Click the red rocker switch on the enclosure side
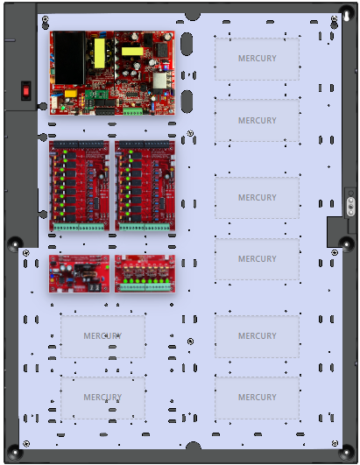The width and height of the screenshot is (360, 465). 25,90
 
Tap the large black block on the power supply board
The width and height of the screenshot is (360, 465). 69,57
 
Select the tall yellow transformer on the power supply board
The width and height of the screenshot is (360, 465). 99,53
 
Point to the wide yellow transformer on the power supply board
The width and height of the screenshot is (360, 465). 132,52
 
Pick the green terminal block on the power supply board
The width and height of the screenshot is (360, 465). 133,111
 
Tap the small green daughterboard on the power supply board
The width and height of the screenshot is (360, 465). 95,95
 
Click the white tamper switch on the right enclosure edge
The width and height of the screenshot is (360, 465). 350,207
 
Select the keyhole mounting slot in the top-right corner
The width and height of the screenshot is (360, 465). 346,16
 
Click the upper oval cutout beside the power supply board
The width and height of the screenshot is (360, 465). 187,44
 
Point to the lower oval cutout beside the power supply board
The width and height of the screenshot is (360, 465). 187,102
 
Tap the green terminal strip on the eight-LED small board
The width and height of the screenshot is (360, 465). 145,287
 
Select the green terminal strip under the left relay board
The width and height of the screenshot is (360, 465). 79,227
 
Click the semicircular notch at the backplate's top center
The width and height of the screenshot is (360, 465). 193,17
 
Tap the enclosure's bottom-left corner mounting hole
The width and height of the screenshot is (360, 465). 15,453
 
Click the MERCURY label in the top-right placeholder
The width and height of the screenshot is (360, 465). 258,59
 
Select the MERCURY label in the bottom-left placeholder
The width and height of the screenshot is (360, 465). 102,397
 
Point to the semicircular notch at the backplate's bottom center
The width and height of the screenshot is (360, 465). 193,446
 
